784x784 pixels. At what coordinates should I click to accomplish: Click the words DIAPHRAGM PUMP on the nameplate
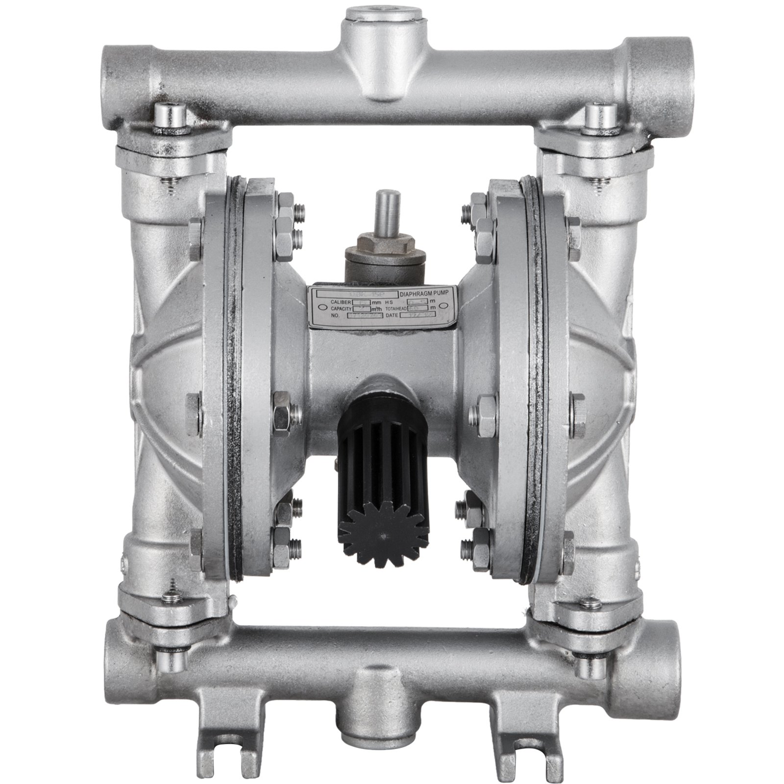coord(428,294)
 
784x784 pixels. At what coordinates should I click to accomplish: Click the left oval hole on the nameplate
coord(320,308)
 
